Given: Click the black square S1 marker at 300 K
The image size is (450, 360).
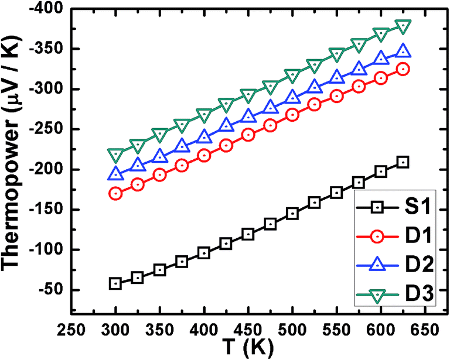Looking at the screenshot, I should (x=115, y=283).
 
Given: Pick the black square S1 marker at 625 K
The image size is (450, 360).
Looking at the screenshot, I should (x=403, y=162).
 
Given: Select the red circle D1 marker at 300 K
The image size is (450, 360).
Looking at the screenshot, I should (x=115, y=193).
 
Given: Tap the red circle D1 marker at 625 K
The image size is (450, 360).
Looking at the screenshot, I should (x=403, y=69).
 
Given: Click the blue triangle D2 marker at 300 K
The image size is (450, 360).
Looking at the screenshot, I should (x=115, y=174).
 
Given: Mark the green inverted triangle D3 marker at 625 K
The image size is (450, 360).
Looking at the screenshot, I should (x=403, y=26).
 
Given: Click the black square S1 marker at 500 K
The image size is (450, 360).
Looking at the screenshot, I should (x=292, y=214).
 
